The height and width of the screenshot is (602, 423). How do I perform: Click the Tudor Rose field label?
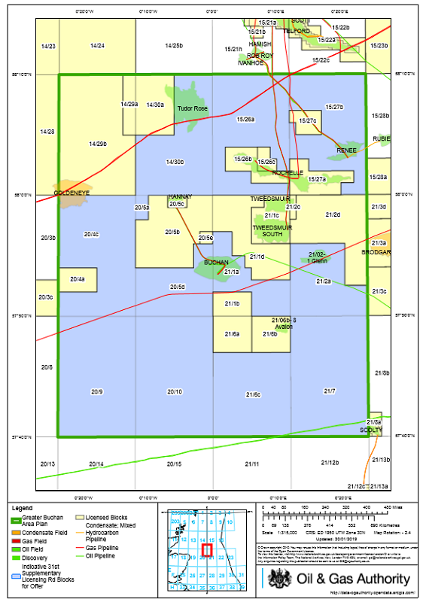pyautogui.click(x=192, y=109)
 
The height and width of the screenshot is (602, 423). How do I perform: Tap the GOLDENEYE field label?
pyautogui.click(x=72, y=193)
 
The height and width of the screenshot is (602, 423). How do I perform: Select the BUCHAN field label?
pyautogui.click(x=215, y=263)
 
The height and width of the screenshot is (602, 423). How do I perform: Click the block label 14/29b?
pyautogui.click(x=98, y=144)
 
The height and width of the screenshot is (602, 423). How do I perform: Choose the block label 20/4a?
pyautogui.click(x=77, y=279)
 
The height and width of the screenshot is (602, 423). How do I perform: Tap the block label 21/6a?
pyautogui.click(x=232, y=333)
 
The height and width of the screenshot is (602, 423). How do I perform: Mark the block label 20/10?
pyautogui.click(x=175, y=392)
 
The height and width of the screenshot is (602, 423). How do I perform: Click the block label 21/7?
pyautogui.click(x=329, y=392)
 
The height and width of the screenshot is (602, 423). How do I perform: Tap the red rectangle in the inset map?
pyautogui.click(x=208, y=549)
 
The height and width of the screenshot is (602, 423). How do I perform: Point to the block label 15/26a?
pyautogui.click(x=246, y=119)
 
